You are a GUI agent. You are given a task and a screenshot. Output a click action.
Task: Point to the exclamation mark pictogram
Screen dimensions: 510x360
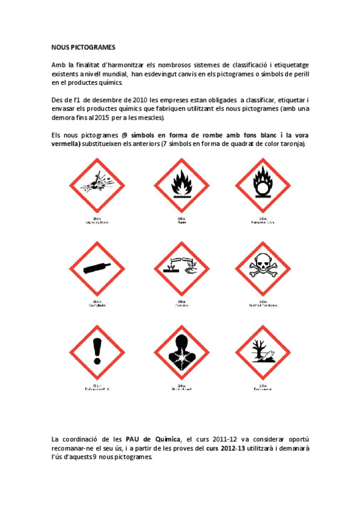tap(96, 351)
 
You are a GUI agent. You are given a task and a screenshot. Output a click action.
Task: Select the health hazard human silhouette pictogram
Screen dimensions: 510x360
tap(180, 351)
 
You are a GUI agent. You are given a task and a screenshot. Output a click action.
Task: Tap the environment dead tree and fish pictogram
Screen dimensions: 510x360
tap(262, 351)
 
